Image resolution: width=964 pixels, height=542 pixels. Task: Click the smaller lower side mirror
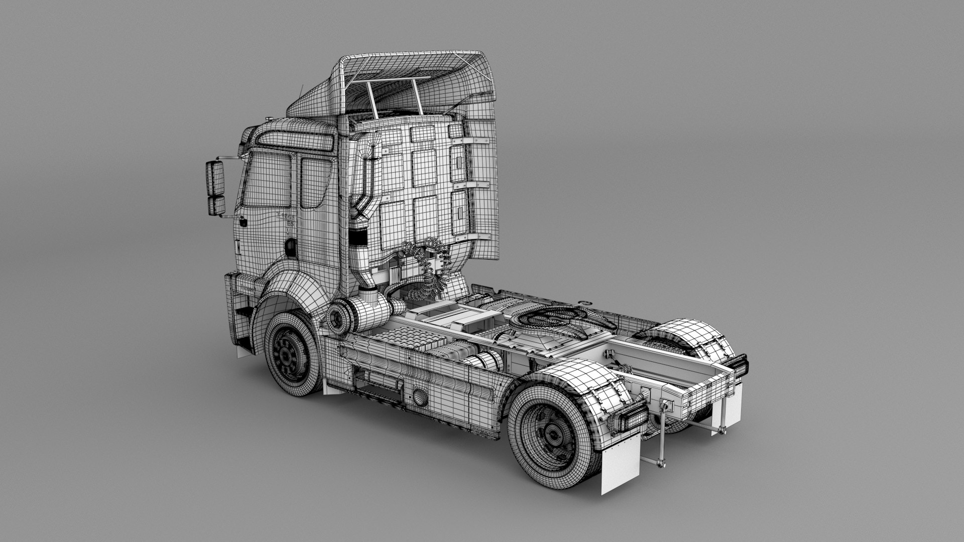216,205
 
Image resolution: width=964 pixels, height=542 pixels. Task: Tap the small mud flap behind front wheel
331,387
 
